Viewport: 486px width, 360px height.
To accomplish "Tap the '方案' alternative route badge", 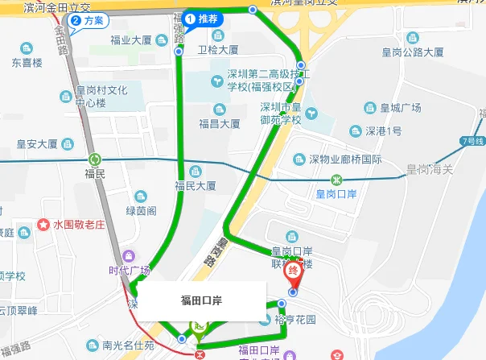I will pyautogui.click(x=89, y=20).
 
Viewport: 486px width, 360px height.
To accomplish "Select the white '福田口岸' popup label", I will pyautogui.click(x=202, y=300).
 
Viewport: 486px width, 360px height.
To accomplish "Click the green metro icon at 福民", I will pyautogui.click(x=95, y=159).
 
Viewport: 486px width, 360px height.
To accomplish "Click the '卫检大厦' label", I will pyautogui.click(x=218, y=49).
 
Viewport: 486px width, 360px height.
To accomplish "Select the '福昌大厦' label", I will pyautogui.click(x=220, y=124).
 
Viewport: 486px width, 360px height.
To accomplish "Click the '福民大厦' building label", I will pyautogui.click(x=196, y=185).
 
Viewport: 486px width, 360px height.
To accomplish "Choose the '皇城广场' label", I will pyautogui.click(x=401, y=108).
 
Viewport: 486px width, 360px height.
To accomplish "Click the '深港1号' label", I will pyautogui.click(x=383, y=130).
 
